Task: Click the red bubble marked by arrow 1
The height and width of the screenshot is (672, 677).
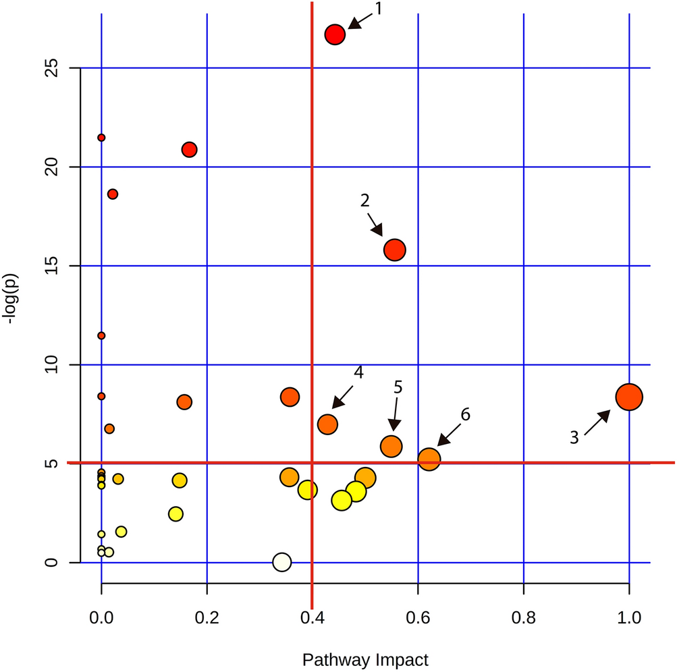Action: click(335, 35)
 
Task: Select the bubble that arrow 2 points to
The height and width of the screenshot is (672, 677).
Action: click(395, 250)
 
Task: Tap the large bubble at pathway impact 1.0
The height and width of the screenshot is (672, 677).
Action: click(629, 397)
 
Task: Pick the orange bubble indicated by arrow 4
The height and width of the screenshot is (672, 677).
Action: click(328, 424)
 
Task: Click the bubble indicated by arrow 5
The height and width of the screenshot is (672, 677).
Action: click(391, 446)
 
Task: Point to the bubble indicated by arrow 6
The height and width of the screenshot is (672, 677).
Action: click(429, 459)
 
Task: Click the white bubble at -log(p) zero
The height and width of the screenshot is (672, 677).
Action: click(281, 561)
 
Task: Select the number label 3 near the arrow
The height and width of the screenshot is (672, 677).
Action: click(574, 438)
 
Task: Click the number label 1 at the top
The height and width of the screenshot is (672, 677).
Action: click(379, 9)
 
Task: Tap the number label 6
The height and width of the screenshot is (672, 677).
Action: click(465, 414)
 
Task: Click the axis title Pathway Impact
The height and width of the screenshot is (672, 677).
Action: click(365, 659)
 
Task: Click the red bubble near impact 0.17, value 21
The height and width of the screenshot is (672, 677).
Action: click(190, 149)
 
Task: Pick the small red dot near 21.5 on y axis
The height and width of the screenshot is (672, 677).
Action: click(101, 138)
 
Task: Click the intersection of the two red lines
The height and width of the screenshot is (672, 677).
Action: click(312, 463)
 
